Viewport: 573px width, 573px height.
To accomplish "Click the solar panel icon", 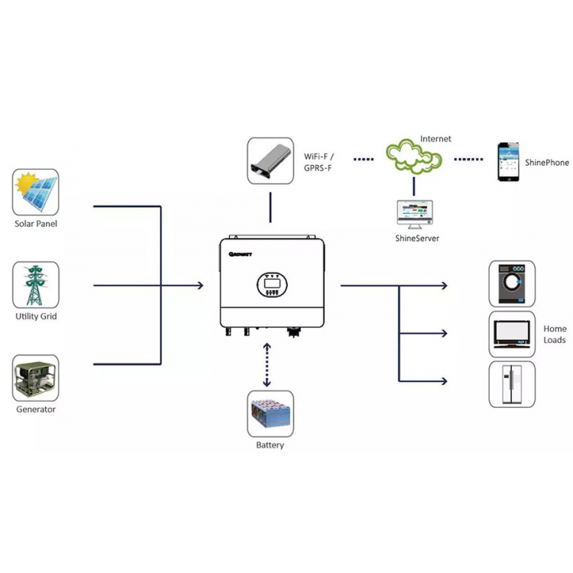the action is tap(35, 192).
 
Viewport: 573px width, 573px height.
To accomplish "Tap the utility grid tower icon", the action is tap(35, 285).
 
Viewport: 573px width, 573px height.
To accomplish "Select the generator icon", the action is tap(35, 378).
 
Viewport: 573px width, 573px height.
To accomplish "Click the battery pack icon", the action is tap(270, 413).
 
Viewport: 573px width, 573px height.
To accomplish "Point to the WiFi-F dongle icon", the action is tap(270, 160).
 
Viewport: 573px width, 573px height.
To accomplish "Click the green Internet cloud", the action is tap(414, 157).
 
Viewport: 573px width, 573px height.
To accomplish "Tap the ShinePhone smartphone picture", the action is tap(508, 162).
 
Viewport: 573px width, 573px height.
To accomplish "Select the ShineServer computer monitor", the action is tap(415, 215).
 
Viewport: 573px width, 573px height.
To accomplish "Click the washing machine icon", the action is tap(512, 284).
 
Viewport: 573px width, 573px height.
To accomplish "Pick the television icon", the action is tap(512, 334).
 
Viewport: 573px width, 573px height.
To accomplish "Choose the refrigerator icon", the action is tap(512, 384).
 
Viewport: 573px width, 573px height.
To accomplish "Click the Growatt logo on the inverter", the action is tap(241, 254).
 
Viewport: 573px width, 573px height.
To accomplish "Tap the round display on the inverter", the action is tap(272, 284).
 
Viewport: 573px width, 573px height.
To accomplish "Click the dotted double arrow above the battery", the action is tap(267, 364).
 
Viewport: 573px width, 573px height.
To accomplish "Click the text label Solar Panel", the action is tap(36, 224).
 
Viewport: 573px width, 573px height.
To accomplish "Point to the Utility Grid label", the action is tap(36, 316).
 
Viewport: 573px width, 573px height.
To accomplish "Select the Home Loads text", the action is tap(555, 335).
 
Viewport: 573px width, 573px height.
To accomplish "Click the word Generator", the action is tap(36, 410).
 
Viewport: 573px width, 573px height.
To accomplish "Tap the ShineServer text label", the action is tap(417, 238).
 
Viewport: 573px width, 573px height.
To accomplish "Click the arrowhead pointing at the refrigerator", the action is tap(445, 381).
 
